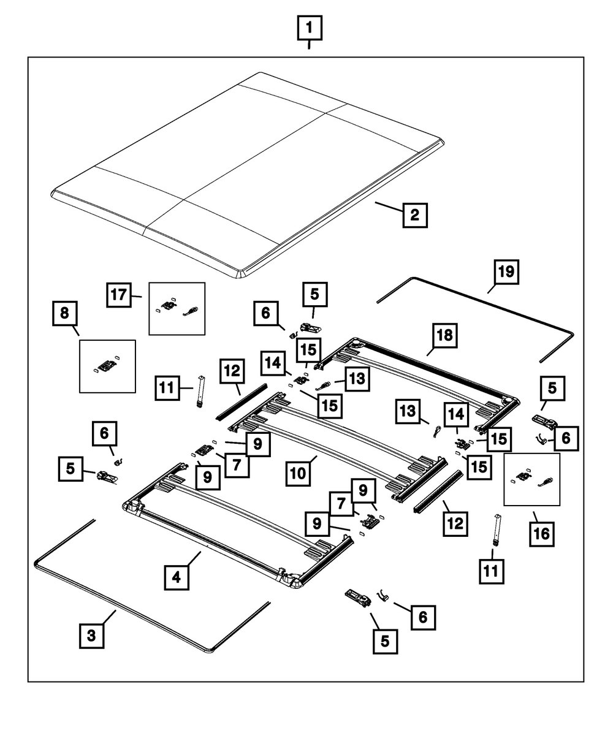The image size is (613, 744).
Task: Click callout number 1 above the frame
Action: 309,28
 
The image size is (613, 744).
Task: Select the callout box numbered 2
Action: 415,215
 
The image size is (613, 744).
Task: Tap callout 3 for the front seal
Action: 91,636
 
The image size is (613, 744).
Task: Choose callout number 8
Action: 65,314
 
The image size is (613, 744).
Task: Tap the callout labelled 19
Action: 506,271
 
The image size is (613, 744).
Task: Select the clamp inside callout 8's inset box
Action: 107,366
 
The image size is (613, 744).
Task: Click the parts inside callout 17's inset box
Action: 177,308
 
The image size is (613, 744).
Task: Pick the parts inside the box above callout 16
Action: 531,479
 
